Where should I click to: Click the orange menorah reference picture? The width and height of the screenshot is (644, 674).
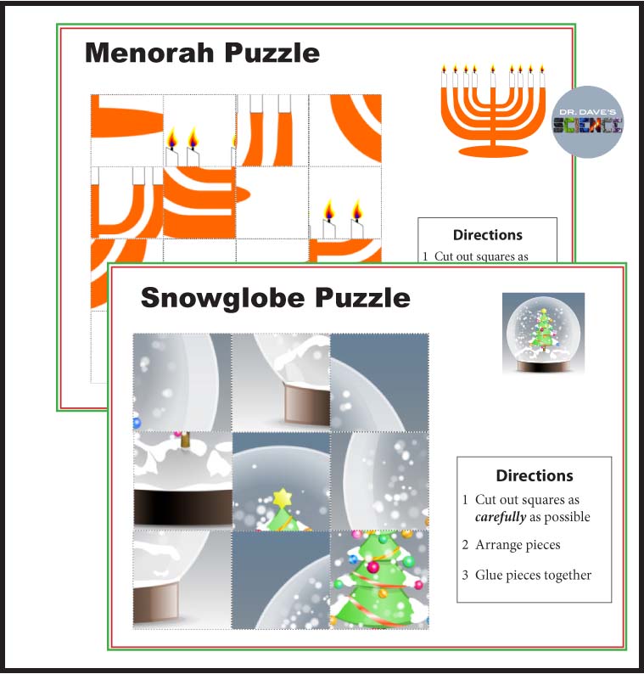click(492, 110)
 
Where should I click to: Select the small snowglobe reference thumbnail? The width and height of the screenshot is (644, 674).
click(543, 333)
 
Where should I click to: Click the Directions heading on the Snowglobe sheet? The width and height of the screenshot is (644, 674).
click(534, 475)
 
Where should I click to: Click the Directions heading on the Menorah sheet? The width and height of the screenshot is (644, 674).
click(487, 235)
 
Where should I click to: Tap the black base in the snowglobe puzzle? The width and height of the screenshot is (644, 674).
click(182, 507)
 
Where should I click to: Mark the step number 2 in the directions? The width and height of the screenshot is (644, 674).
click(466, 545)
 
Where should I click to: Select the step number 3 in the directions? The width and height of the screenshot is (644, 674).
click(466, 576)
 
